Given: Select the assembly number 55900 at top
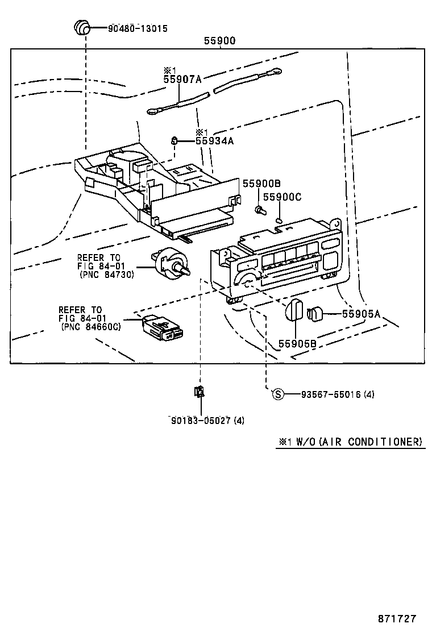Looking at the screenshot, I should point(219,41).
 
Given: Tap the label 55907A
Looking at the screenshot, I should point(182,80).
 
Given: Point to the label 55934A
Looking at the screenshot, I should point(214,140).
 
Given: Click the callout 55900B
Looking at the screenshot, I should point(261,184).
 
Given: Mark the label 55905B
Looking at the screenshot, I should point(297,343).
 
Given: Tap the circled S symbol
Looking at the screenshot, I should point(277,394).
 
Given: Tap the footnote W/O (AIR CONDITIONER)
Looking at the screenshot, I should point(351,442).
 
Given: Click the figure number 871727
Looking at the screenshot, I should point(397,618).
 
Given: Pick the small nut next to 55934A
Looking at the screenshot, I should point(176,140).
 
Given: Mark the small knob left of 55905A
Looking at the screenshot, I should point(315,313).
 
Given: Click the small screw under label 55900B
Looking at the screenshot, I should point(260,210).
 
